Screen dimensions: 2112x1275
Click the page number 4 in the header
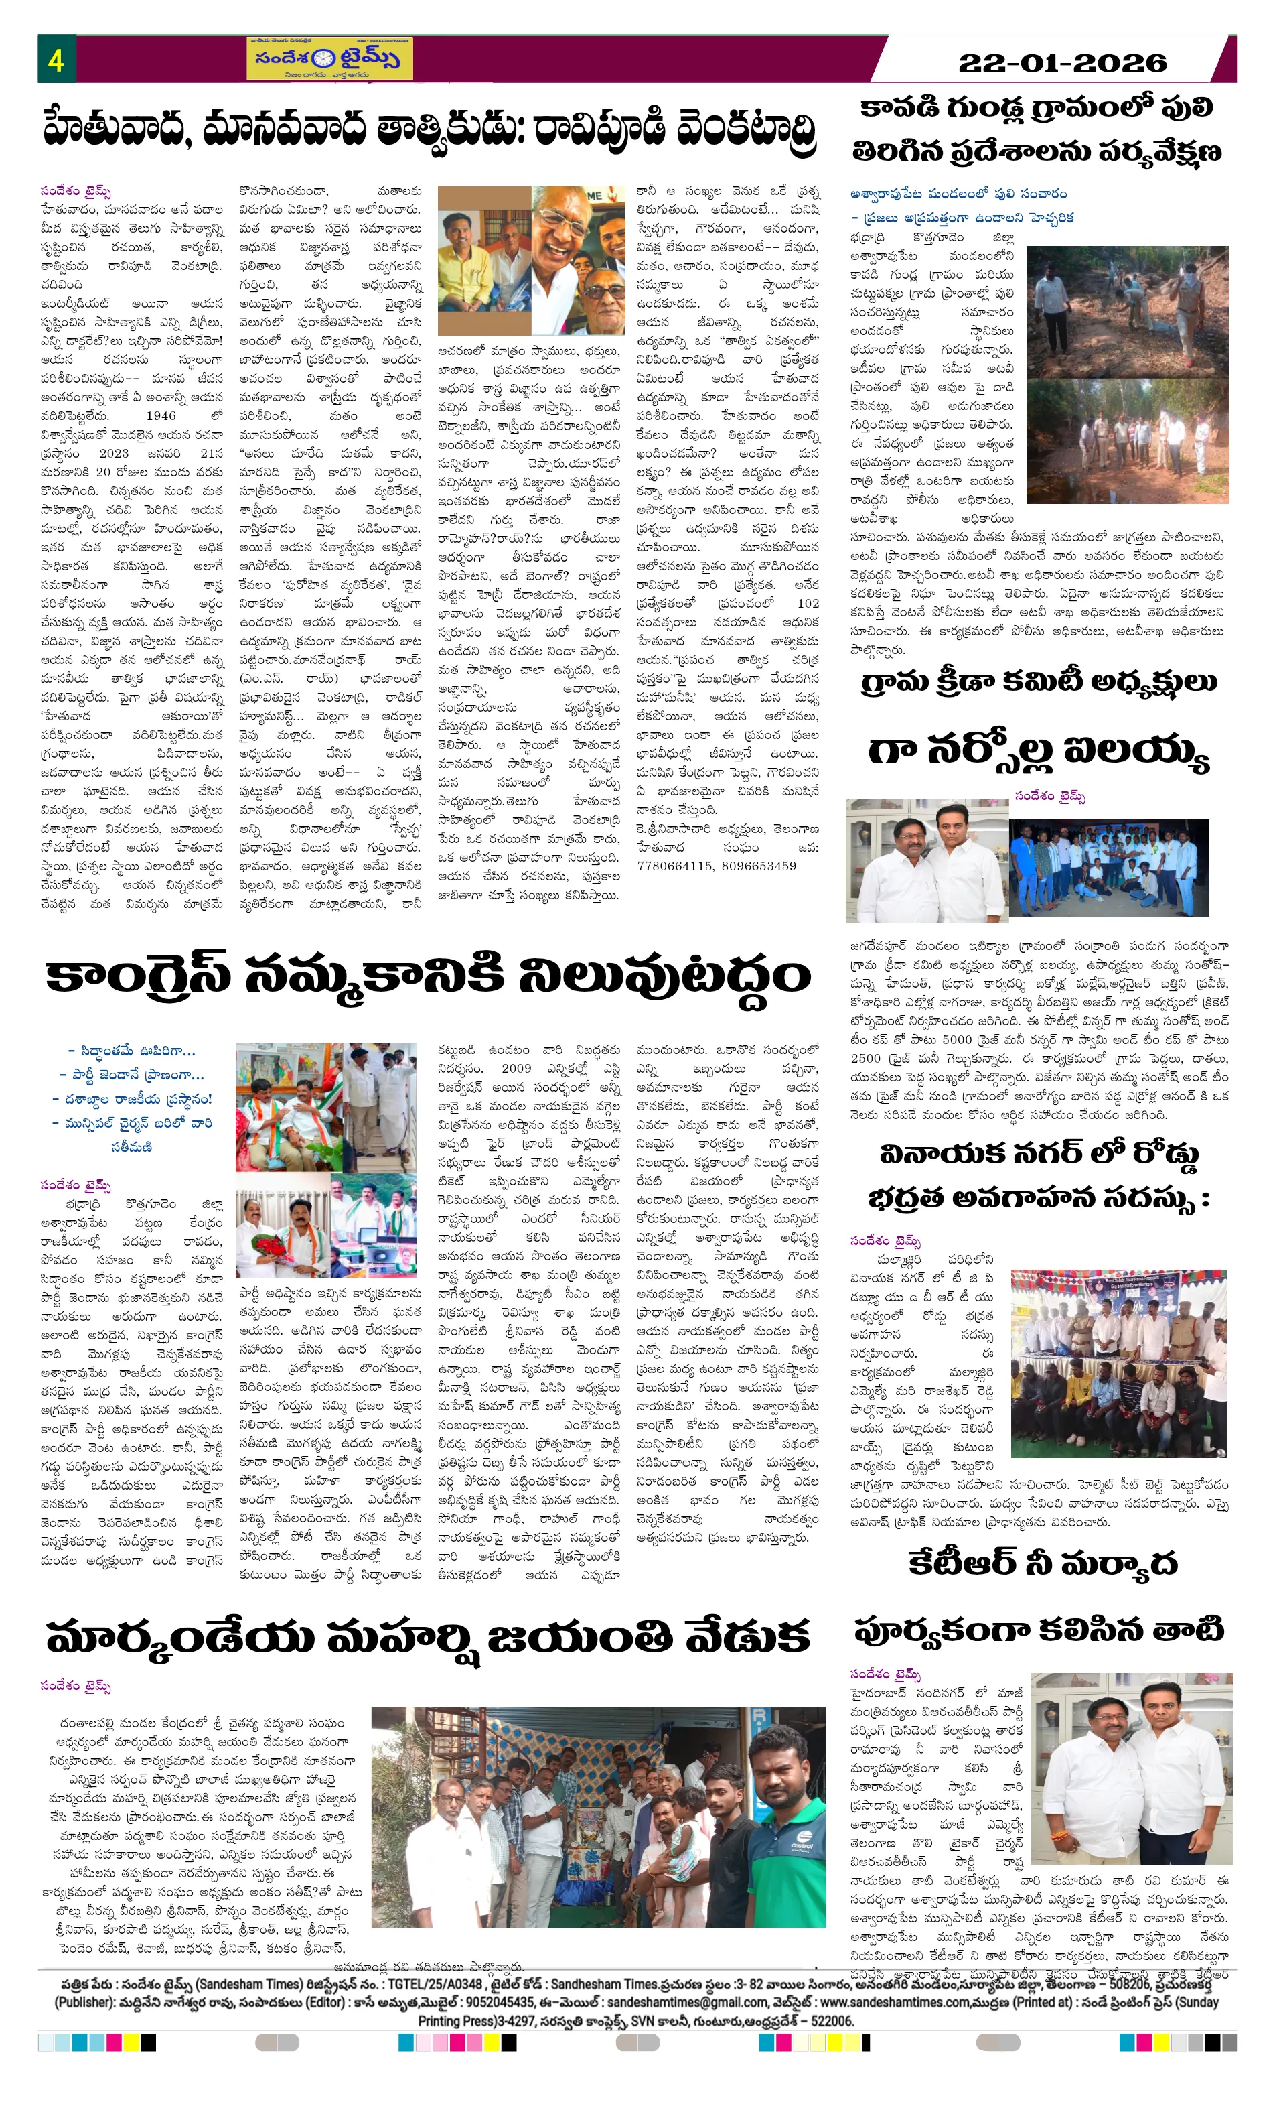[x=56, y=60]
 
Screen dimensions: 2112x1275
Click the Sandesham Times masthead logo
[x=329, y=59]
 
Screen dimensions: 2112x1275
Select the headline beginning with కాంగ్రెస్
[x=428, y=976]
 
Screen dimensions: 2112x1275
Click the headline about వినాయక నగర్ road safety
[x=1038, y=1176]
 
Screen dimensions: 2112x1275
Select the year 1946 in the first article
[x=161, y=415]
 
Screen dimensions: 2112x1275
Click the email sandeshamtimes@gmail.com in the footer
[x=686, y=2002]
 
